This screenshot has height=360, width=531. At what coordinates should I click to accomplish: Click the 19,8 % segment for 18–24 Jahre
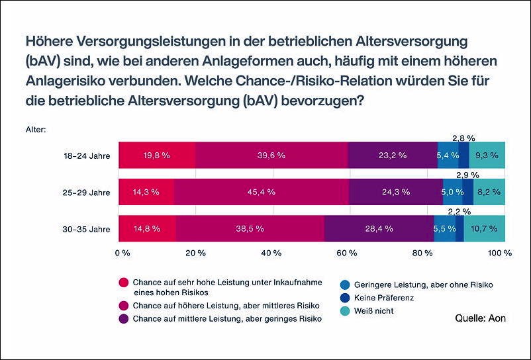point(157,155)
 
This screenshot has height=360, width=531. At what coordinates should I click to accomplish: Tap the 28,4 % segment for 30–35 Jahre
point(379,228)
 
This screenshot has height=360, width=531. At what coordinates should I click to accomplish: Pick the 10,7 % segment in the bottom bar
point(485,228)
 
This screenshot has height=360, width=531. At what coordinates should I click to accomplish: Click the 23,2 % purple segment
point(393,155)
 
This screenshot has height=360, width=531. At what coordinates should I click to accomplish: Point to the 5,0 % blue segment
point(452,192)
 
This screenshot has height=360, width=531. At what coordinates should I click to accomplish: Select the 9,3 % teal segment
point(487,155)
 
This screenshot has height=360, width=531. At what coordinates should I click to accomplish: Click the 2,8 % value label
point(463,138)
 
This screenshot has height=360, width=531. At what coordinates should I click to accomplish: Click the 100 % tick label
point(500,253)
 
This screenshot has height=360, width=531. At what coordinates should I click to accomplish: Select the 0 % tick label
point(122,253)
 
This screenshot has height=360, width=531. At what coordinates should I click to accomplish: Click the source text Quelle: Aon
point(480,318)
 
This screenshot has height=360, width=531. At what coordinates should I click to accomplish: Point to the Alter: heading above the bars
point(36,130)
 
